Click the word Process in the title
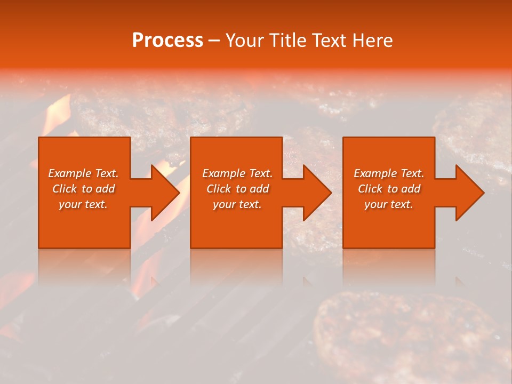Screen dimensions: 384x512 pos(167,41)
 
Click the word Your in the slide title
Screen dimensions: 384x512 pos(246,41)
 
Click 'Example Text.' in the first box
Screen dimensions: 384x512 pos(83,173)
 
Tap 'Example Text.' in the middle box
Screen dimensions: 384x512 pos(237,173)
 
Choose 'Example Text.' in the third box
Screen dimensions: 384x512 pos(389,173)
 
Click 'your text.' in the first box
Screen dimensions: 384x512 pos(83,204)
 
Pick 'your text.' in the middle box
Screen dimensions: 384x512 pos(237,204)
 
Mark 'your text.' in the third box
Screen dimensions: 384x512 pos(389,204)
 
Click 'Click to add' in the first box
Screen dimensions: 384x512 pos(83,189)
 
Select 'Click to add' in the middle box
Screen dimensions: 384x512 pos(237,189)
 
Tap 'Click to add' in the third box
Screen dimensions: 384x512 pos(389,189)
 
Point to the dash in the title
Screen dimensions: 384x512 pos(214,41)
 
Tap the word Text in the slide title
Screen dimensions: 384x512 pos(329,41)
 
